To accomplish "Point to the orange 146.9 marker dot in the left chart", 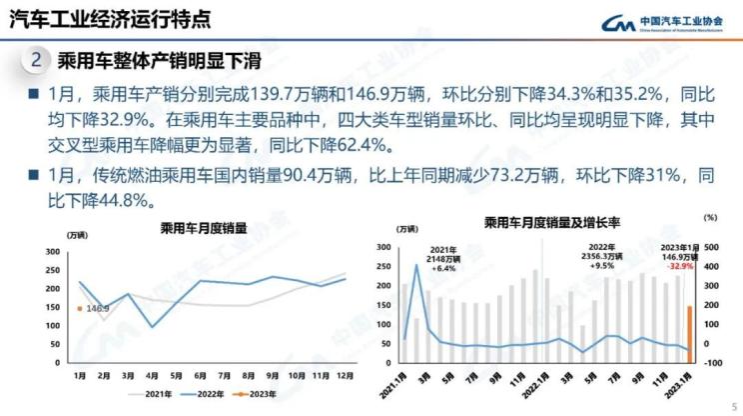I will click(79, 309).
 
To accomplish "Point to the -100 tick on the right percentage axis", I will click(711, 362).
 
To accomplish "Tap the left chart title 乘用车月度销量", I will click(197, 227).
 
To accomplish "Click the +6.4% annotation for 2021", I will click(443, 268).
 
